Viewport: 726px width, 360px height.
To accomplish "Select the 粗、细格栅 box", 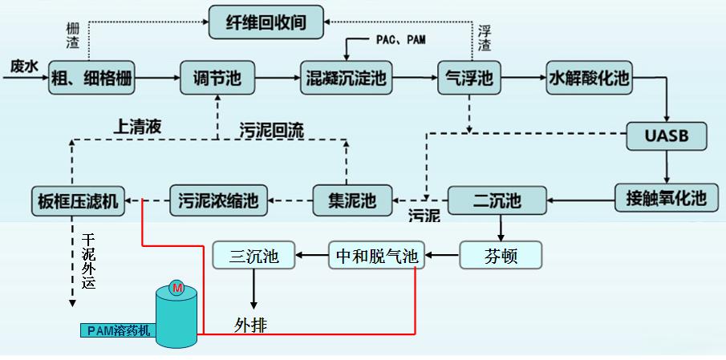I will click(x=91, y=79).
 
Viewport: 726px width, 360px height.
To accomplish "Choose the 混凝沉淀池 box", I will click(x=347, y=79).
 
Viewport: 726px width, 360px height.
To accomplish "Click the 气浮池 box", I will click(x=469, y=79).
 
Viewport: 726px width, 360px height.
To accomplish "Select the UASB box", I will click(x=667, y=136).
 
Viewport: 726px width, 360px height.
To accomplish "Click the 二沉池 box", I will click(x=497, y=199).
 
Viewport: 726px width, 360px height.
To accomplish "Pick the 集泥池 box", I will click(x=352, y=199).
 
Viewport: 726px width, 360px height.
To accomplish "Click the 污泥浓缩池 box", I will click(x=218, y=200).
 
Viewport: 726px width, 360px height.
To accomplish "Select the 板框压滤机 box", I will click(x=78, y=200).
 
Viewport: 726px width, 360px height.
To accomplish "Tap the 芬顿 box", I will click(x=501, y=256).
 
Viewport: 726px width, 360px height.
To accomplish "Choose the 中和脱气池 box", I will click(x=375, y=256).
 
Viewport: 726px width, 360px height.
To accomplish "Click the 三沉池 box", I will click(x=253, y=257).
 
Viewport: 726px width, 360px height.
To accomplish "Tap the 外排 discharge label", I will click(x=250, y=325).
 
